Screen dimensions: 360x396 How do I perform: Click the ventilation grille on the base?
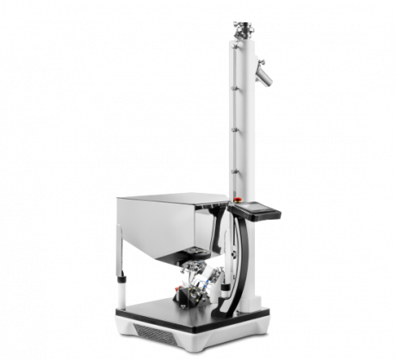(156, 331)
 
